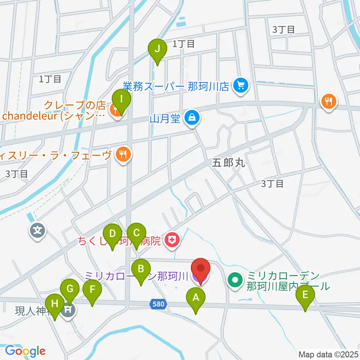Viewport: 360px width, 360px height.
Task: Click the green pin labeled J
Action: (157, 49)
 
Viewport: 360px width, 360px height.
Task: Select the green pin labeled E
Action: (305, 295)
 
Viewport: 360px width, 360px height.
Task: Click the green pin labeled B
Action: (141, 269)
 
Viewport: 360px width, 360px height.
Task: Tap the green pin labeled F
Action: (92, 289)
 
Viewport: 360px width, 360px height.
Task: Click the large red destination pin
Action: (201, 269)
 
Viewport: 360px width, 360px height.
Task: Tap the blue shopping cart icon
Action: (239, 86)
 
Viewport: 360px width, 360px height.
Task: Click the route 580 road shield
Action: (158, 304)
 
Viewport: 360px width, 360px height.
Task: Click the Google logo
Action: (25, 351)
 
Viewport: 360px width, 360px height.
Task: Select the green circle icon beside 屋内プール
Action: (235, 280)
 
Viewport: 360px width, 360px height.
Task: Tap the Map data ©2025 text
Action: (328, 354)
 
